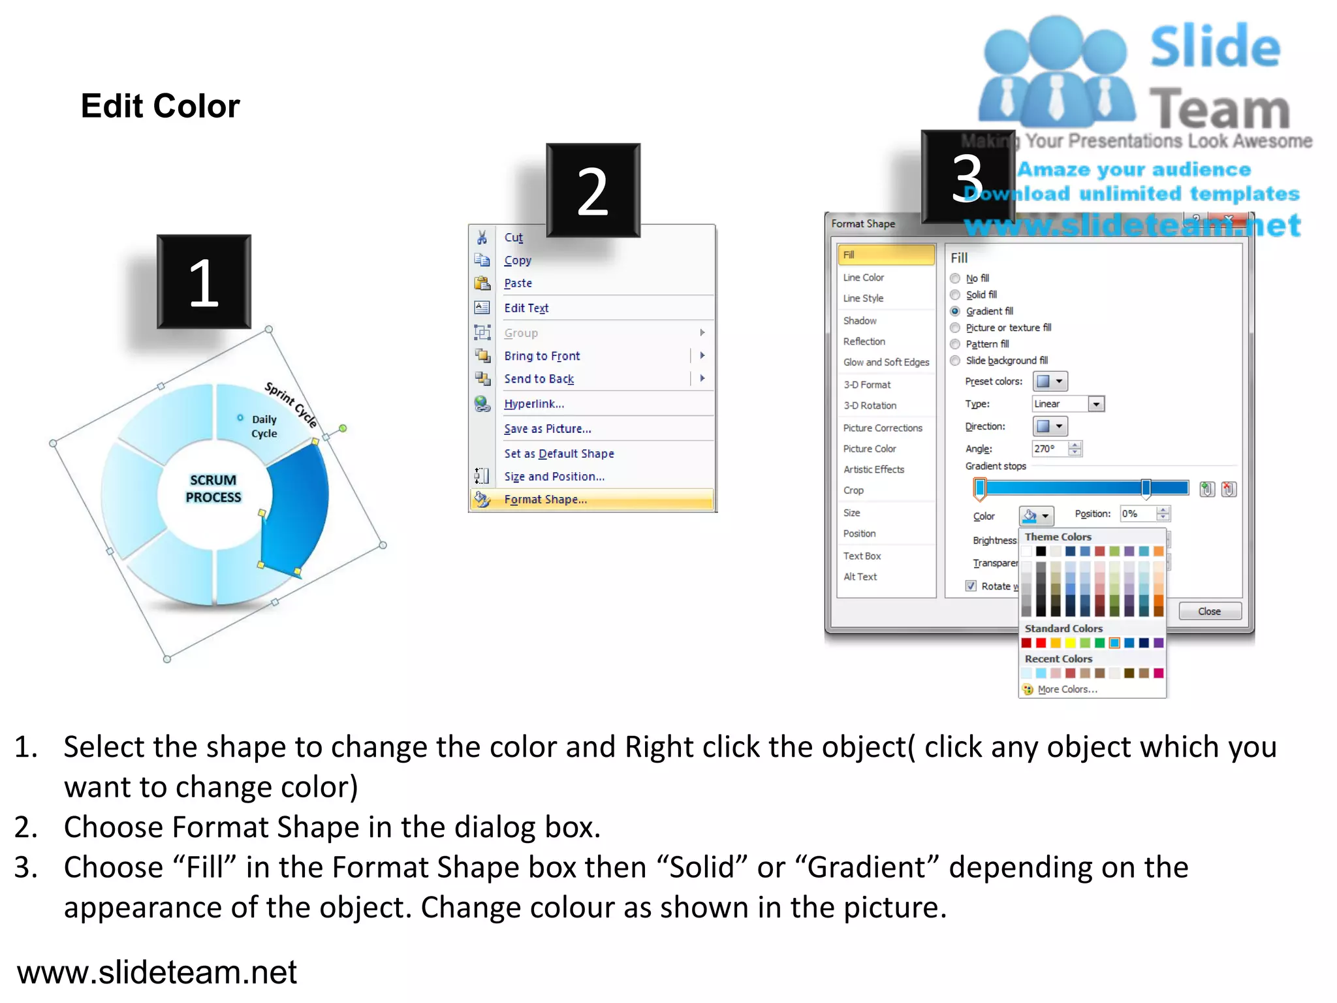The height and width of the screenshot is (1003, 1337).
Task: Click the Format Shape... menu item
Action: (x=546, y=500)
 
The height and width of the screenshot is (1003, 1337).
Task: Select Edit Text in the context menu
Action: (x=526, y=308)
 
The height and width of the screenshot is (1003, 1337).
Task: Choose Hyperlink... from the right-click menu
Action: (x=533, y=404)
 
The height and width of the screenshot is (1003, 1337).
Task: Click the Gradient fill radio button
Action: (x=955, y=311)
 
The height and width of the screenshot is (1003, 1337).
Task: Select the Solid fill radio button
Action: (x=955, y=295)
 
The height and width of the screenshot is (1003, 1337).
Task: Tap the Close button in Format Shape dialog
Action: (x=1209, y=611)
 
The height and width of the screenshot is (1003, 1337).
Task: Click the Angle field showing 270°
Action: (x=1048, y=449)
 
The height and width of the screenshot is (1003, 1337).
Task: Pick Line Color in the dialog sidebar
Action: (x=863, y=278)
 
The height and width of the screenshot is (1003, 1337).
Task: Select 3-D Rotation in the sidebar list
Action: (x=870, y=406)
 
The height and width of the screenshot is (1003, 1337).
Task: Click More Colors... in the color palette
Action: (x=1067, y=690)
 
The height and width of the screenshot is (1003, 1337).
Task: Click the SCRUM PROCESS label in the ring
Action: (x=213, y=488)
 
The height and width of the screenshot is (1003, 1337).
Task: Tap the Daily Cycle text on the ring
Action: (x=264, y=426)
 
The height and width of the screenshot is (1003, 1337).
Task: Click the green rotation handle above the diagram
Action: (x=343, y=428)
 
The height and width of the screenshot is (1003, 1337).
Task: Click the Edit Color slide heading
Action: (x=160, y=106)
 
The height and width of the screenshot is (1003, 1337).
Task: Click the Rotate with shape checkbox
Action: (x=971, y=586)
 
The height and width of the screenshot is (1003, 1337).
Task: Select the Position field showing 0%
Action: (x=1137, y=514)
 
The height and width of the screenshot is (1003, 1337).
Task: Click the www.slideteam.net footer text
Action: (x=157, y=972)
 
